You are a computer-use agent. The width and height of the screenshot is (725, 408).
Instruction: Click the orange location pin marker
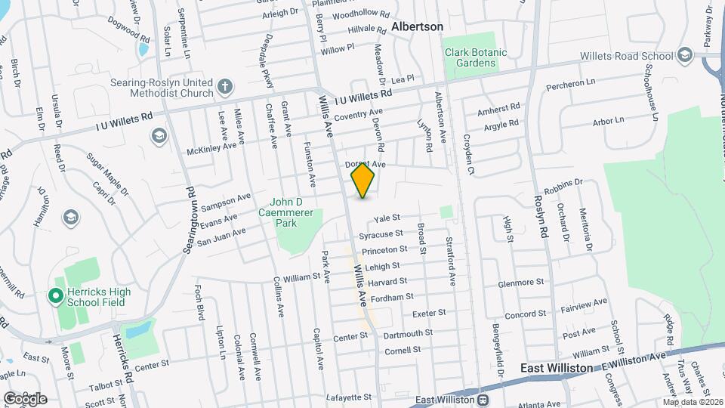click(x=363, y=180)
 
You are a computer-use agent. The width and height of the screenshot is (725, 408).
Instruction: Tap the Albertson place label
click(x=417, y=26)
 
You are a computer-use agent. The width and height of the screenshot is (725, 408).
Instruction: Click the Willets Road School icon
click(x=685, y=55)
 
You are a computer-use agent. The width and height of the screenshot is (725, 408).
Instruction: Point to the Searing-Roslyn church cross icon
click(x=224, y=86)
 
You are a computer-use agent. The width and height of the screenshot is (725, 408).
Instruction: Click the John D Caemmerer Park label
click(x=297, y=208)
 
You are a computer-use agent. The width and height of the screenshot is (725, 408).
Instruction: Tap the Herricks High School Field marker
click(x=55, y=296)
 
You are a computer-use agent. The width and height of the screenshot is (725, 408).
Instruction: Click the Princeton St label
click(x=384, y=249)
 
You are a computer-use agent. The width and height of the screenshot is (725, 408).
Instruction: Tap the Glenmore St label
click(x=520, y=283)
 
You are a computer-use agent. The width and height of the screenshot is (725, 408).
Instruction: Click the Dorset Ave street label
click(x=366, y=164)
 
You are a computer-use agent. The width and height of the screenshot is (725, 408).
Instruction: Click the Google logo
click(x=25, y=398)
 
